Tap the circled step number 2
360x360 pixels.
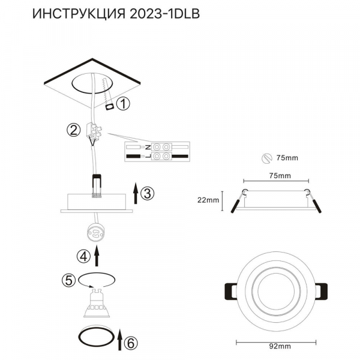pyautogui.click(x=73, y=129)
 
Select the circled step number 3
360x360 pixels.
pyautogui.click(x=149, y=193)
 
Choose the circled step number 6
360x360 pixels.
pyautogui.click(x=132, y=343)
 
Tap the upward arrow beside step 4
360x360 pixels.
pyautogui.click(x=97, y=256)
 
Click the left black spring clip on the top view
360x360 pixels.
pyautogui.click(x=230, y=293)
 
